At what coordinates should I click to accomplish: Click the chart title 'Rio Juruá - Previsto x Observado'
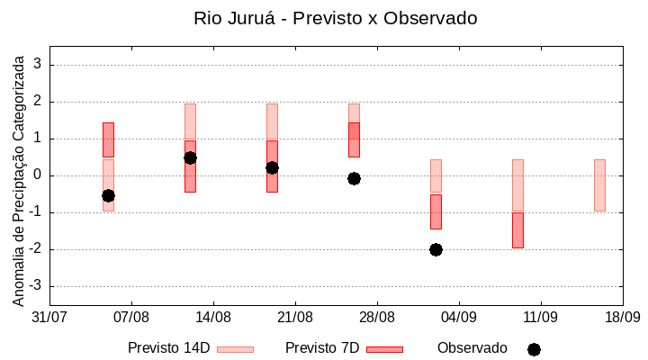[x=335, y=18]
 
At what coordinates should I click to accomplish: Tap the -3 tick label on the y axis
[x=35, y=286]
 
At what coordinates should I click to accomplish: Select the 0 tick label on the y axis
[x=38, y=175]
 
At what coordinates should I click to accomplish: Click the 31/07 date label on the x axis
[x=49, y=317]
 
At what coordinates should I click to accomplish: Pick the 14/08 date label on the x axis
[x=213, y=317]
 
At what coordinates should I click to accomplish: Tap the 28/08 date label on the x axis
[x=377, y=317]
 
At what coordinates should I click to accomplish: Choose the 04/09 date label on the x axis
[x=459, y=317]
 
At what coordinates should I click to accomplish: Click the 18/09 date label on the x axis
[x=622, y=317]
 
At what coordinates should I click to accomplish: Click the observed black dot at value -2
[x=436, y=249]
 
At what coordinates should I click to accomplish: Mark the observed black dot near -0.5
[x=108, y=195]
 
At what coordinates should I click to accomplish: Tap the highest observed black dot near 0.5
[x=190, y=157]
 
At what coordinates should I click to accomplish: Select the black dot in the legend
[x=534, y=349]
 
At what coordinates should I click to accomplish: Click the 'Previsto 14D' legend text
[x=168, y=348]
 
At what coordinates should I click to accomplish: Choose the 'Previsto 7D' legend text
[x=322, y=348]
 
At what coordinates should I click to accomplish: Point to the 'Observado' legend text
[x=472, y=348]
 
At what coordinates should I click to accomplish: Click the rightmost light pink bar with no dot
[x=599, y=184]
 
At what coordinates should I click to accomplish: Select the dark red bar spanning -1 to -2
[x=517, y=230]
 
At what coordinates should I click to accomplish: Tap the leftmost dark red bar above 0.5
[x=108, y=139]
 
